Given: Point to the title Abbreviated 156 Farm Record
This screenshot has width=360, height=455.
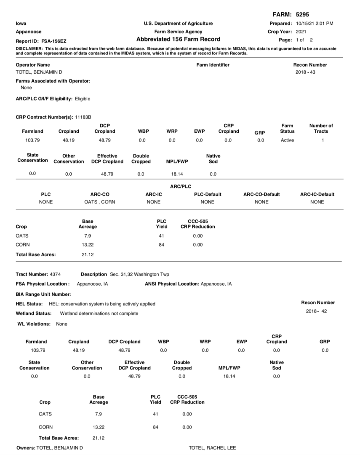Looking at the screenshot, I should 178,40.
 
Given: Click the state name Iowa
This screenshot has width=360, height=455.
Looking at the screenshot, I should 21,23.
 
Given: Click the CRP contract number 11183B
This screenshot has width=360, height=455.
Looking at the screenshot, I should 83,116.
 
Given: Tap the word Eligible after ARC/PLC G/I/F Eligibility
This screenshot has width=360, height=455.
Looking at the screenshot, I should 83,99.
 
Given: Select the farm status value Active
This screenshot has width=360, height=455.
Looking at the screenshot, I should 287,140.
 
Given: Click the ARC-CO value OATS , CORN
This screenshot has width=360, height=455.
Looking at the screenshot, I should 99,202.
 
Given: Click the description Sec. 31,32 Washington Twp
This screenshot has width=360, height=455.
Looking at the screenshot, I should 139,274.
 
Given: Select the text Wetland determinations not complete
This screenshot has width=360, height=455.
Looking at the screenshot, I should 99,313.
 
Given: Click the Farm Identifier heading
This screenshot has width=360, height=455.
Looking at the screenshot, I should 213,65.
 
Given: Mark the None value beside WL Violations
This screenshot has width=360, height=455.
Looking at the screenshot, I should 61,324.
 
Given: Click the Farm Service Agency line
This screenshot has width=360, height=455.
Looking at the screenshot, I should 178,32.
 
